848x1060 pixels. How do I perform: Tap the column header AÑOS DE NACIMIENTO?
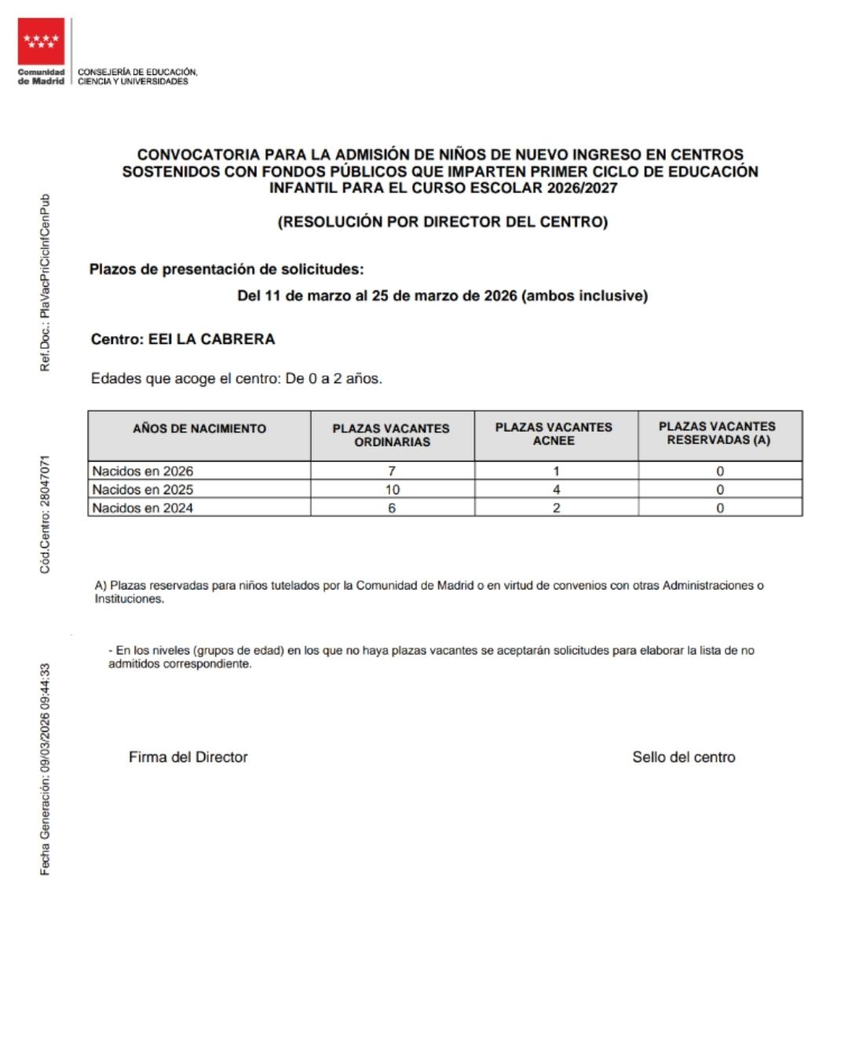(x=199, y=429)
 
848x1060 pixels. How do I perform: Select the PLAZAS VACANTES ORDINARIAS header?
(x=391, y=435)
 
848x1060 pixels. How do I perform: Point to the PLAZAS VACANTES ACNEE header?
(x=554, y=434)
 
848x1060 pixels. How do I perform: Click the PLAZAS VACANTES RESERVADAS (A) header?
(x=718, y=433)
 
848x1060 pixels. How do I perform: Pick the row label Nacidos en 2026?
(x=143, y=471)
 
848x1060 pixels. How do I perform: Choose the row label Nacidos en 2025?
(x=143, y=489)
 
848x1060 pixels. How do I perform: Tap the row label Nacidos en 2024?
(x=143, y=508)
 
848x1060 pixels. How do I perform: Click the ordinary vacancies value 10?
(x=392, y=489)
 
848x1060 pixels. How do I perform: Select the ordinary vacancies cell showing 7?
(x=392, y=471)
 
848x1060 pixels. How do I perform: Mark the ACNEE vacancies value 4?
(x=556, y=489)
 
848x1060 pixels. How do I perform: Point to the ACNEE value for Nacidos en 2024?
(x=556, y=508)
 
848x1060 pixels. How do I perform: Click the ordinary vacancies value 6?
(x=392, y=508)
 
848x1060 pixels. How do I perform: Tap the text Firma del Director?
(x=188, y=757)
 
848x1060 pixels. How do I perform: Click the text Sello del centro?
(x=684, y=757)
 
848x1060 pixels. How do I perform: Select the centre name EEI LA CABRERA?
(x=211, y=339)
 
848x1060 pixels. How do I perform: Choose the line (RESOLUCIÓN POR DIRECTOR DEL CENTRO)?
(x=443, y=222)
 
